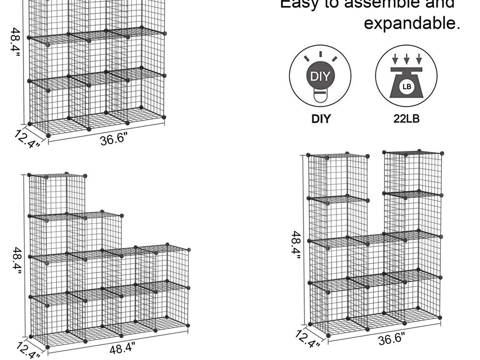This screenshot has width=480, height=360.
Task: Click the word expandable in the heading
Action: pos(412,23)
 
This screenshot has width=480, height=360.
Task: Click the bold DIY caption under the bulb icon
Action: pos(321,119)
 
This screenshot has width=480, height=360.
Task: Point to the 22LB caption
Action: pos(407,119)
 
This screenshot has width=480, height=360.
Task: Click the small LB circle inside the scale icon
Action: pos(407,87)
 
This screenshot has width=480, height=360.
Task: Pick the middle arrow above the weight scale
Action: pos(407,58)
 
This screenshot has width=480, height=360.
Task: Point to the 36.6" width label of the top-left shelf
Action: pos(114,139)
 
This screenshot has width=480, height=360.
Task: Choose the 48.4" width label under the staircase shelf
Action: pos(121,348)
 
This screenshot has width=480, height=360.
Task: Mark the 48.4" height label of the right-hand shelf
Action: pos(296,245)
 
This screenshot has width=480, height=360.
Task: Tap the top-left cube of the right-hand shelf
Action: pos(338,177)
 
